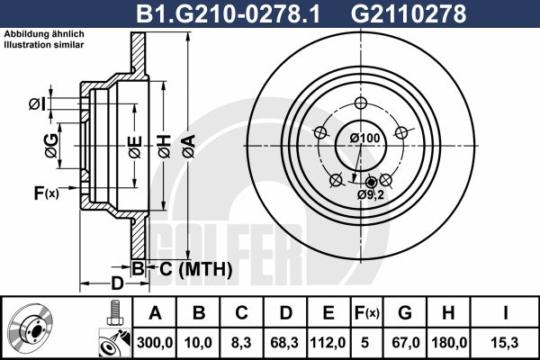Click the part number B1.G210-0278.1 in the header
tap(229, 14)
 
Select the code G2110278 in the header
tap(408, 14)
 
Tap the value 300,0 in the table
tap(155, 343)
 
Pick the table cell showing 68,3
tap(284, 343)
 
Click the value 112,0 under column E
tap(328, 343)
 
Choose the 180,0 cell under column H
tap(449, 343)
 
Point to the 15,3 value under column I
tap(505, 343)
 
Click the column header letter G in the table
tap(405, 313)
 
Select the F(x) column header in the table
tap(367, 313)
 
